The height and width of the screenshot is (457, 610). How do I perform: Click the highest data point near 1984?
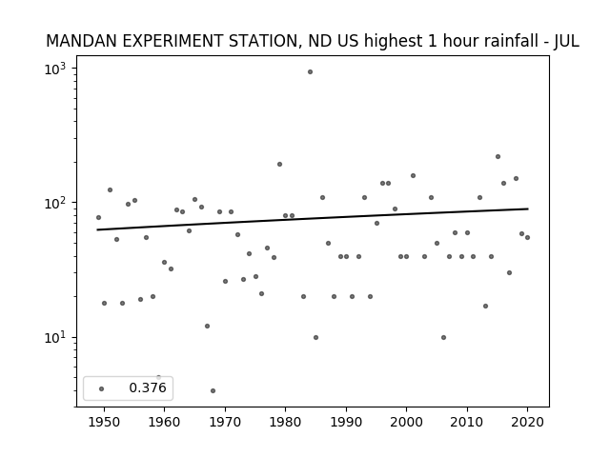click(x=310, y=72)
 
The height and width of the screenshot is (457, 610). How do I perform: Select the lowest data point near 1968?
click(x=213, y=391)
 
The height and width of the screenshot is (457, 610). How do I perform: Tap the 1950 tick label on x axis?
click(x=104, y=423)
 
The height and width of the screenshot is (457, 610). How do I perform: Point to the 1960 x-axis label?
click(x=164, y=423)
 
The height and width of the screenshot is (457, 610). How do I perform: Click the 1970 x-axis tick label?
click(x=225, y=423)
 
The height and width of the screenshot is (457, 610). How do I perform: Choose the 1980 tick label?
click(x=285, y=423)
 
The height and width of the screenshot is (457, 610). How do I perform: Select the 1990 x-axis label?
click(x=346, y=423)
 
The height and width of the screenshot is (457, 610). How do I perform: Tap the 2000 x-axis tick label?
click(x=406, y=423)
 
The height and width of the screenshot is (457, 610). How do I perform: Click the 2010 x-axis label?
click(x=467, y=423)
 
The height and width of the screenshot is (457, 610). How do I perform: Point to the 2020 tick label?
click(x=527, y=423)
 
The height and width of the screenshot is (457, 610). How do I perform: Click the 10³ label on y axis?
click(x=55, y=70)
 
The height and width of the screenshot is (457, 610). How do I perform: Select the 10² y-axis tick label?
click(x=55, y=203)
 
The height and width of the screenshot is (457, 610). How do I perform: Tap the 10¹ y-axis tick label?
click(x=55, y=338)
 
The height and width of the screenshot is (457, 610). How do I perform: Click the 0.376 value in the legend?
click(x=148, y=387)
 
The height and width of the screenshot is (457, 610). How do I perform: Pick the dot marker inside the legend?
click(x=102, y=389)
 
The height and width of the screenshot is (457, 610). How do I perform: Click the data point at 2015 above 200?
click(x=498, y=156)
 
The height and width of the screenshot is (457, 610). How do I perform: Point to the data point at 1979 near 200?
click(x=279, y=165)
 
